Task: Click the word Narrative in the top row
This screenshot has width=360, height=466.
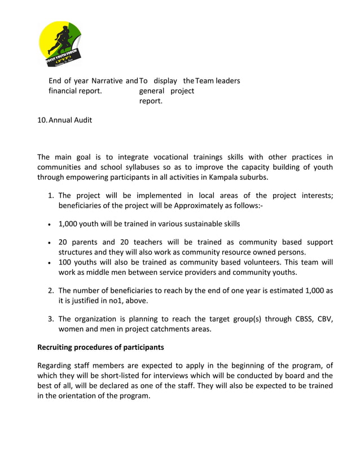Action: pyautogui.click(x=108, y=81)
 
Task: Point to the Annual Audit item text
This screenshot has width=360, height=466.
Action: pyautogui.click(x=71, y=120)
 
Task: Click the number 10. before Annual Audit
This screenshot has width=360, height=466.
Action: pyautogui.click(x=42, y=120)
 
